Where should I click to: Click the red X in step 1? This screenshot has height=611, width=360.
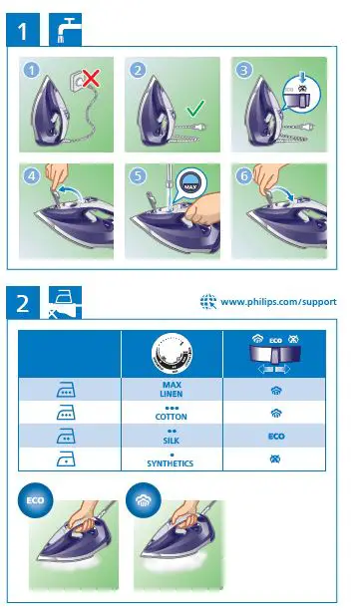(90, 77)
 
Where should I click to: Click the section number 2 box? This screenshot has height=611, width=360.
(24, 302)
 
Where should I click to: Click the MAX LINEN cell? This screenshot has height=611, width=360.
(171, 389)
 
